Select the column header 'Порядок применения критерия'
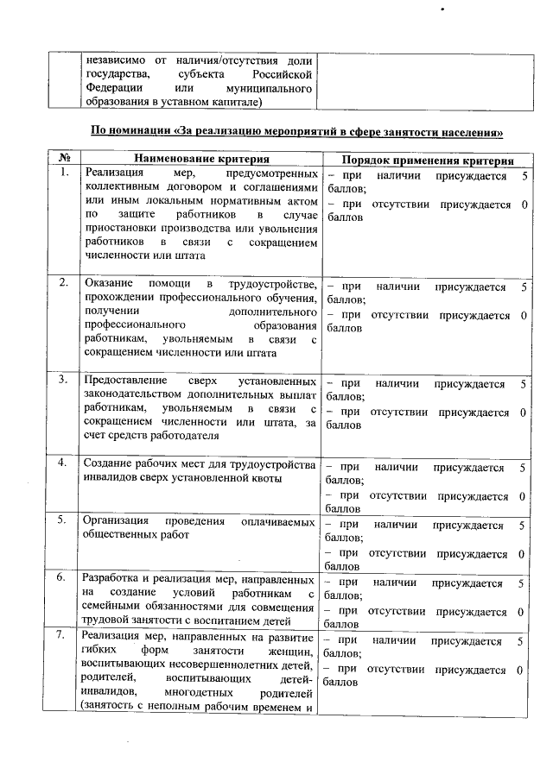coord(429,161)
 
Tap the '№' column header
coord(64,160)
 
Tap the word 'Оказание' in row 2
coord(108,284)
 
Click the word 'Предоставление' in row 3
coord(123,380)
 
